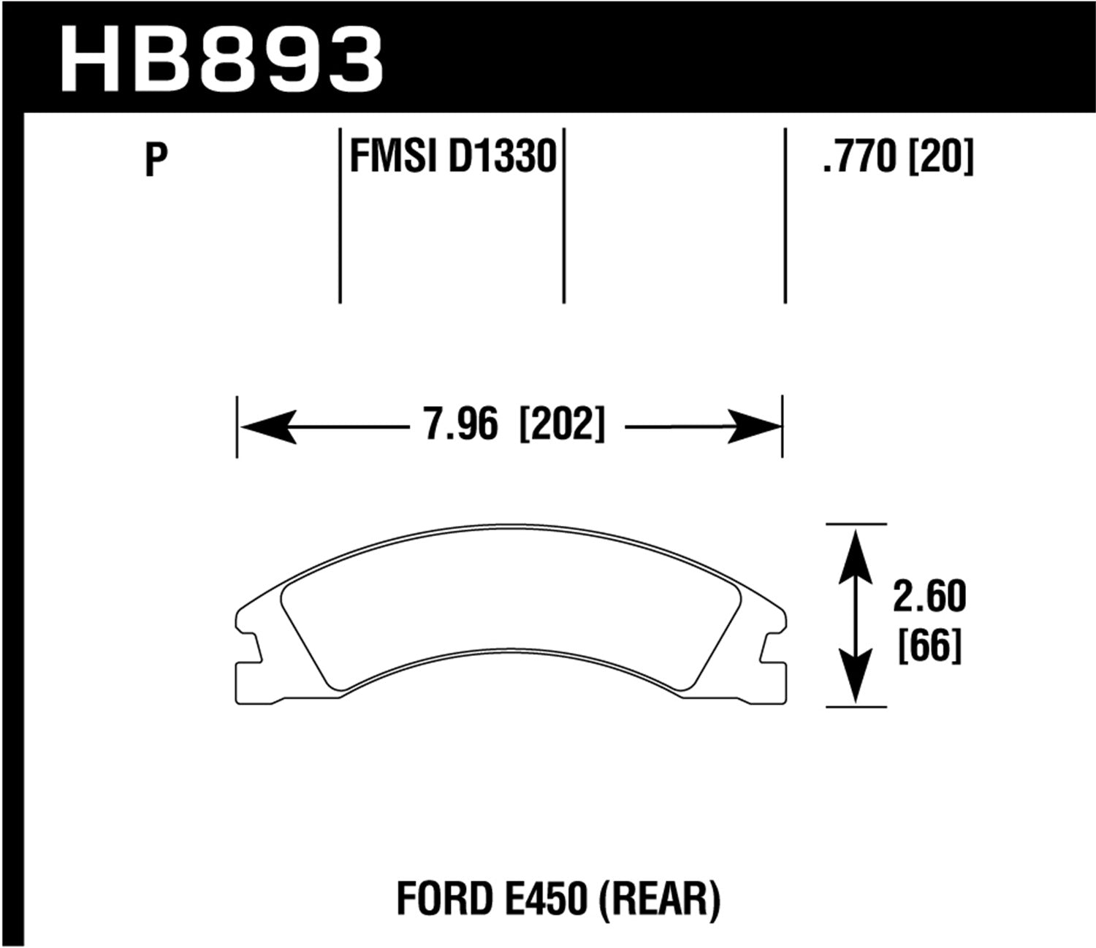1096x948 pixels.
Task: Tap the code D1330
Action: pos(502,157)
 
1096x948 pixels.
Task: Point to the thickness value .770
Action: pos(859,157)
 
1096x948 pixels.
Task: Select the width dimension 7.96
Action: pos(460,425)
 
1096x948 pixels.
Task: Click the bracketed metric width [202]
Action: pos(561,425)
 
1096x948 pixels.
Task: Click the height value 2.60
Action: pos(929,597)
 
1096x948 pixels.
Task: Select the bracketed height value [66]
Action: pos(929,646)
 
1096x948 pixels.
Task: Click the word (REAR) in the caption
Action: pos(660,898)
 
